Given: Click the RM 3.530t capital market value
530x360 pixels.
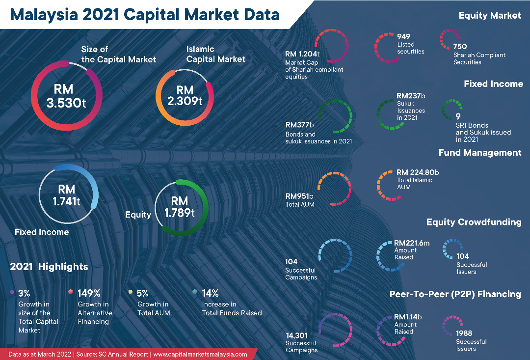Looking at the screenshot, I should pos(66,96).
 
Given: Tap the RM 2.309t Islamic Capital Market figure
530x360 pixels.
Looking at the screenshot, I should pos(185,96).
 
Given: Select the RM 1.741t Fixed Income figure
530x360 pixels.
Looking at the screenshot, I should pos(66,195).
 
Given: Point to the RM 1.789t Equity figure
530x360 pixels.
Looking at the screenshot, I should pos(179,207).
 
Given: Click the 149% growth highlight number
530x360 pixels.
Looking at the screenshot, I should pos(89,293).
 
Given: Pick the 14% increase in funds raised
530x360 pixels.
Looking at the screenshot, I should pos(210,293).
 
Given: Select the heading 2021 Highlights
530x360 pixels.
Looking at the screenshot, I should pos(49,267).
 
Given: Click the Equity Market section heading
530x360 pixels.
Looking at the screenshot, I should pos(489,16).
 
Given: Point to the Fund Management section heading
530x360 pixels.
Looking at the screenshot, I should pos(479,153).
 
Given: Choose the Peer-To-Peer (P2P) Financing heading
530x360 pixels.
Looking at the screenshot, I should pos(455,294).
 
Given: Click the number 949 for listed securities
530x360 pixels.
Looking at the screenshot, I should pos(403,37).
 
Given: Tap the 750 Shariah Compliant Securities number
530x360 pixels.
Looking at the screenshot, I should pos(460,47).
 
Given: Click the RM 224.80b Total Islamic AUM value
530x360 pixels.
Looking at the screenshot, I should pos(417,172).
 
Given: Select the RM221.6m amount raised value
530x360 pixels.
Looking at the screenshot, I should pos(411,243).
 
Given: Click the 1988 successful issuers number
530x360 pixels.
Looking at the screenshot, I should pos(464,333).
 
